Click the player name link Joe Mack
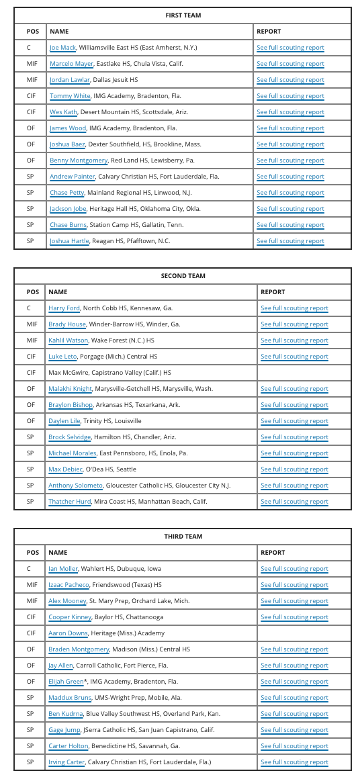(x=63, y=48)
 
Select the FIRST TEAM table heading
(x=183, y=15)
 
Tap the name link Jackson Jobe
(x=68, y=209)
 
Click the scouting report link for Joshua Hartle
(x=290, y=241)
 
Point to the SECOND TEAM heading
(x=183, y=276)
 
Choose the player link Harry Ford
(x=64, y=308)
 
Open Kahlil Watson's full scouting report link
(x=294, y=340)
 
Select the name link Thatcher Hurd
(x=71, y=502)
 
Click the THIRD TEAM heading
(x=183, y=537)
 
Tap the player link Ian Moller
(x=63, y=569)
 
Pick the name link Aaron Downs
(x=68, y=633)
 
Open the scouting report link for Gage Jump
(x=294, y=730)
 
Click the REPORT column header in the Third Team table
(x=273, y=553)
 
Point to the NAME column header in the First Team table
(x=59, y=32)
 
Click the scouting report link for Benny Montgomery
(x=290, y=161)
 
